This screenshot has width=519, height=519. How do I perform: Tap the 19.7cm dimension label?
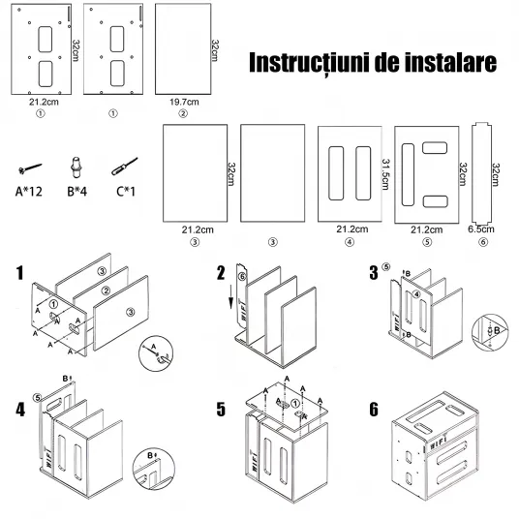184,102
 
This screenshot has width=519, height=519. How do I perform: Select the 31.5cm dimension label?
385,174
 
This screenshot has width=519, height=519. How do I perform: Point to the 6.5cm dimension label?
481,229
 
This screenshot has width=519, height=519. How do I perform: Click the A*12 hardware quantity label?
29,192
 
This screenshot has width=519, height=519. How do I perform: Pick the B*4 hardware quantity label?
77,192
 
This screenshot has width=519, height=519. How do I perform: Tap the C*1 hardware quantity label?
126,192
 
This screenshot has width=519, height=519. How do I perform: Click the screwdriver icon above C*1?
125,167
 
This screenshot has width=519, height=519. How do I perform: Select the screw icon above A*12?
30,168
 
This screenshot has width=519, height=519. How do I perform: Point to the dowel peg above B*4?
76,168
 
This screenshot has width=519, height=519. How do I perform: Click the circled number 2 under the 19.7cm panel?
183,113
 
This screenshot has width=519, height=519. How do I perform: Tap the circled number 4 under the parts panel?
350,242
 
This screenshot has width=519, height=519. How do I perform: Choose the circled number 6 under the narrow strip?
483,242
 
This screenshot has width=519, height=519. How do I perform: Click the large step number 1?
20,273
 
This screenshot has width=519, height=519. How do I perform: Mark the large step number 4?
20,410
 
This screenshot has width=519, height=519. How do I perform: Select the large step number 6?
374,410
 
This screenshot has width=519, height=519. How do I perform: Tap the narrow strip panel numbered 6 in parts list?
481,173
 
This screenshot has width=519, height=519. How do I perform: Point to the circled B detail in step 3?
490,332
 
